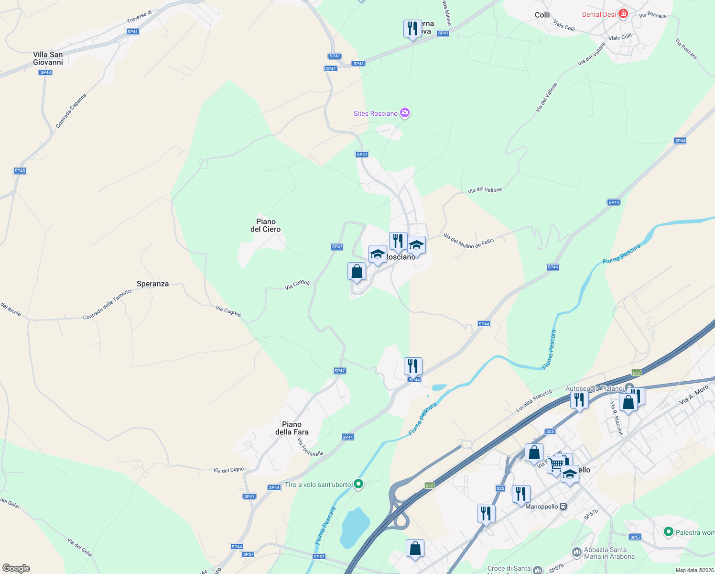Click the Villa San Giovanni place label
point(48,58)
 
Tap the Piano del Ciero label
point(266,225)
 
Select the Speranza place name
point(152,284)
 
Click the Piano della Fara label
point(292,428)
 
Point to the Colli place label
point(542,15)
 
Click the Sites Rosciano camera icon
point(405,113)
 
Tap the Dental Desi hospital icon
point(623,14)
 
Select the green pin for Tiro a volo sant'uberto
point(358,484)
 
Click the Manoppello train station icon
point(563,506)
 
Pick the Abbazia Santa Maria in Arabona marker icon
point(576,552)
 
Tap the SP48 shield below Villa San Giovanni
point(45,72)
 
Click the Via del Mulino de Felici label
point(468,241)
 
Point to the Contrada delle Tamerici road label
point(107,305)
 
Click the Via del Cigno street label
point(228,470)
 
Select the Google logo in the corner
point(16,568)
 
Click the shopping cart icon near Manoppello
point(556,464)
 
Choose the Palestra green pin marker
point(668,531)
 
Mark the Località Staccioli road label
point(534,401)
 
